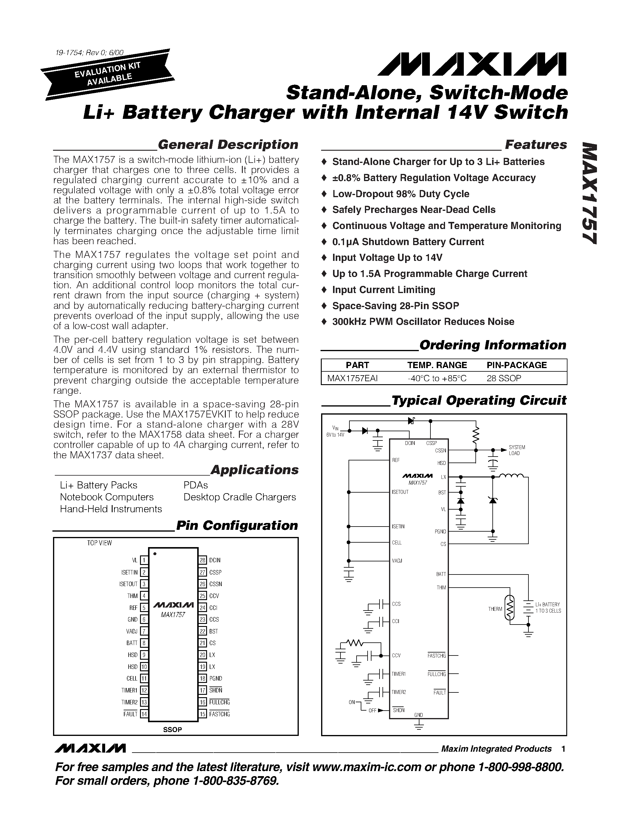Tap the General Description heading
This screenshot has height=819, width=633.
coord(228,144)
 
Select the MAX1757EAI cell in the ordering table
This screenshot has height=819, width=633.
coord(352,378)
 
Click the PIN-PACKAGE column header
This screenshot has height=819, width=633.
coord(516,365)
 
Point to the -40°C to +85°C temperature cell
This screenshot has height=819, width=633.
coord(437,378)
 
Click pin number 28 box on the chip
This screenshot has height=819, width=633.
coord(203,560)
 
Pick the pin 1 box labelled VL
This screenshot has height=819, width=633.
coord(144,560)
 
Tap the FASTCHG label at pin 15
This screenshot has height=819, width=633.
coord(219,714)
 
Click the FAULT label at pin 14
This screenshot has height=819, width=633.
coord(130,714)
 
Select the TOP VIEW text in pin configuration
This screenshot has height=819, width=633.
coord(99,543)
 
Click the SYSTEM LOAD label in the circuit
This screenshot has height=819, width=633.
coord(517,450)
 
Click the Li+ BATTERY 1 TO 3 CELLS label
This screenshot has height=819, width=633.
coord(548,608)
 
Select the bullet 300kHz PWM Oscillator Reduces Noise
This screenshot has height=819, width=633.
coord(423,322)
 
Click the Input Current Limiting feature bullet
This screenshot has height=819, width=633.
coord(384,290)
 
